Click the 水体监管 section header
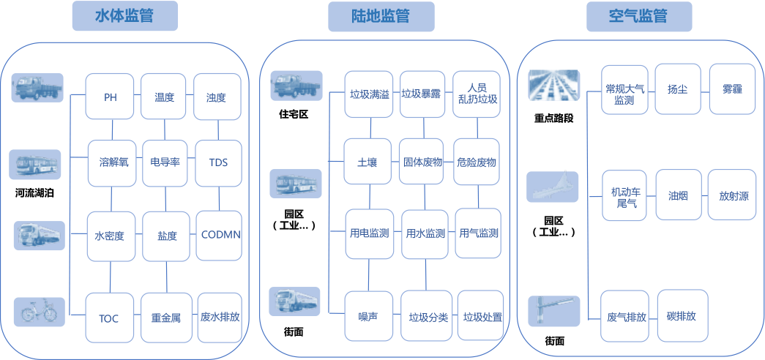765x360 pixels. [125, 16]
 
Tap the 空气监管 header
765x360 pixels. [638, 16]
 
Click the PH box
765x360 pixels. [111, 97]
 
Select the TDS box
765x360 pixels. [218, 162]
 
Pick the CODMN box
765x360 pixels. [220, 235]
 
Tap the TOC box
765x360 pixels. [109, 318]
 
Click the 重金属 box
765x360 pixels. [165, 318]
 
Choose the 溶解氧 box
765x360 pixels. [113, 162]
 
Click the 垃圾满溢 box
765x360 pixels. [370, 94]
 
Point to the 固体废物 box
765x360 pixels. [423, 162]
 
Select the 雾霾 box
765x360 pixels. [732, 89]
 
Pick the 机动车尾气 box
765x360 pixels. [625, 196]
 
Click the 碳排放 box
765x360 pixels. [681, 316]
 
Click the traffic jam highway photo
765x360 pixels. [554, 85]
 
